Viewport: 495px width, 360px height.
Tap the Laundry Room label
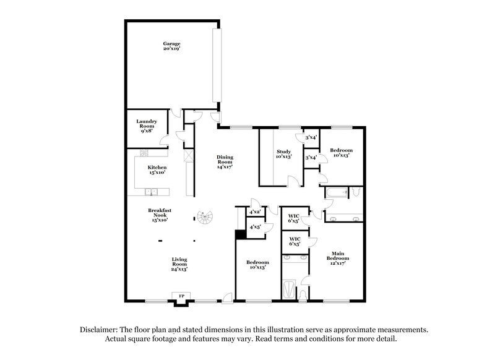coord(146,125)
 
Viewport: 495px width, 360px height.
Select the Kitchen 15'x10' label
coord(157,170)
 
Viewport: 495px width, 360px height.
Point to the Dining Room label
coord(224,161)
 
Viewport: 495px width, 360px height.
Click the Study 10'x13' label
coord(283,154)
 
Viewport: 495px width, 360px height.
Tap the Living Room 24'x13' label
coord(180,264)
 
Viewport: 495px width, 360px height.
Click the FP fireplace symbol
coord(182,297)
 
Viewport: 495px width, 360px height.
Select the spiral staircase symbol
coord(204,217)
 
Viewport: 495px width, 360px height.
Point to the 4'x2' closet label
coord(254,212)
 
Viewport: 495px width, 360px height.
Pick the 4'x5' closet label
coord(254,228)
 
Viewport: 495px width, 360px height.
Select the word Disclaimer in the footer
coord(101,330)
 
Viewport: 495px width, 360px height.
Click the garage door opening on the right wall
coord(217,66)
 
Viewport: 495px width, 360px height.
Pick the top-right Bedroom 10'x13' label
coord(341,153)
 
